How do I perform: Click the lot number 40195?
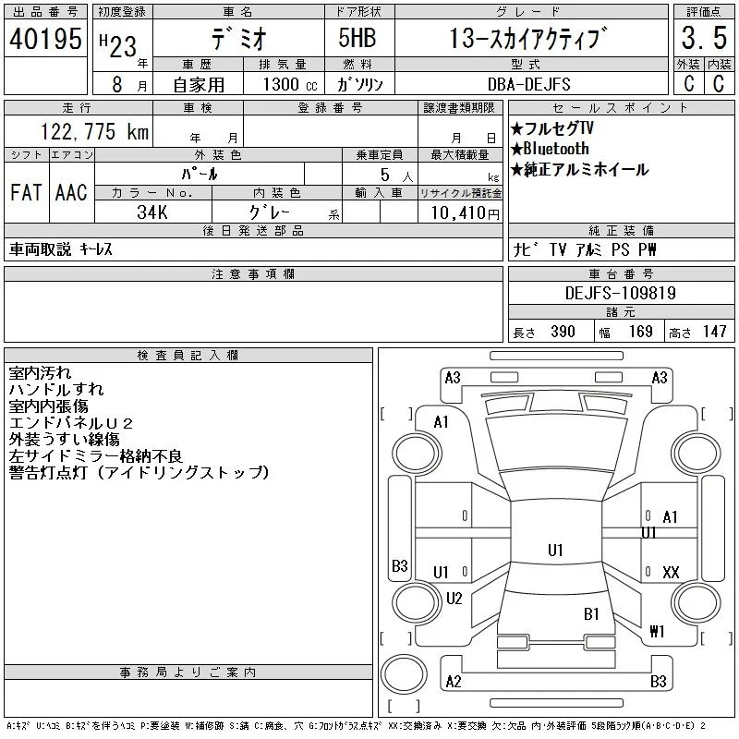(45, 39)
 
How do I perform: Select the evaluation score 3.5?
(704, 38)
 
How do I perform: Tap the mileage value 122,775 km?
(95, 131)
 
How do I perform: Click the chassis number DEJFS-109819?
(621, 293)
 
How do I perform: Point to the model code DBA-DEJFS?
(528, 84)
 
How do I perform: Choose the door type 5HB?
(357, 38)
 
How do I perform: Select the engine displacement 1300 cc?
(290, 84)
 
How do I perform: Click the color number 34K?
(152, 212)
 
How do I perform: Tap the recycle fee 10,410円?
(465, 212)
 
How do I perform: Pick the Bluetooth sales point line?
(550, 149)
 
